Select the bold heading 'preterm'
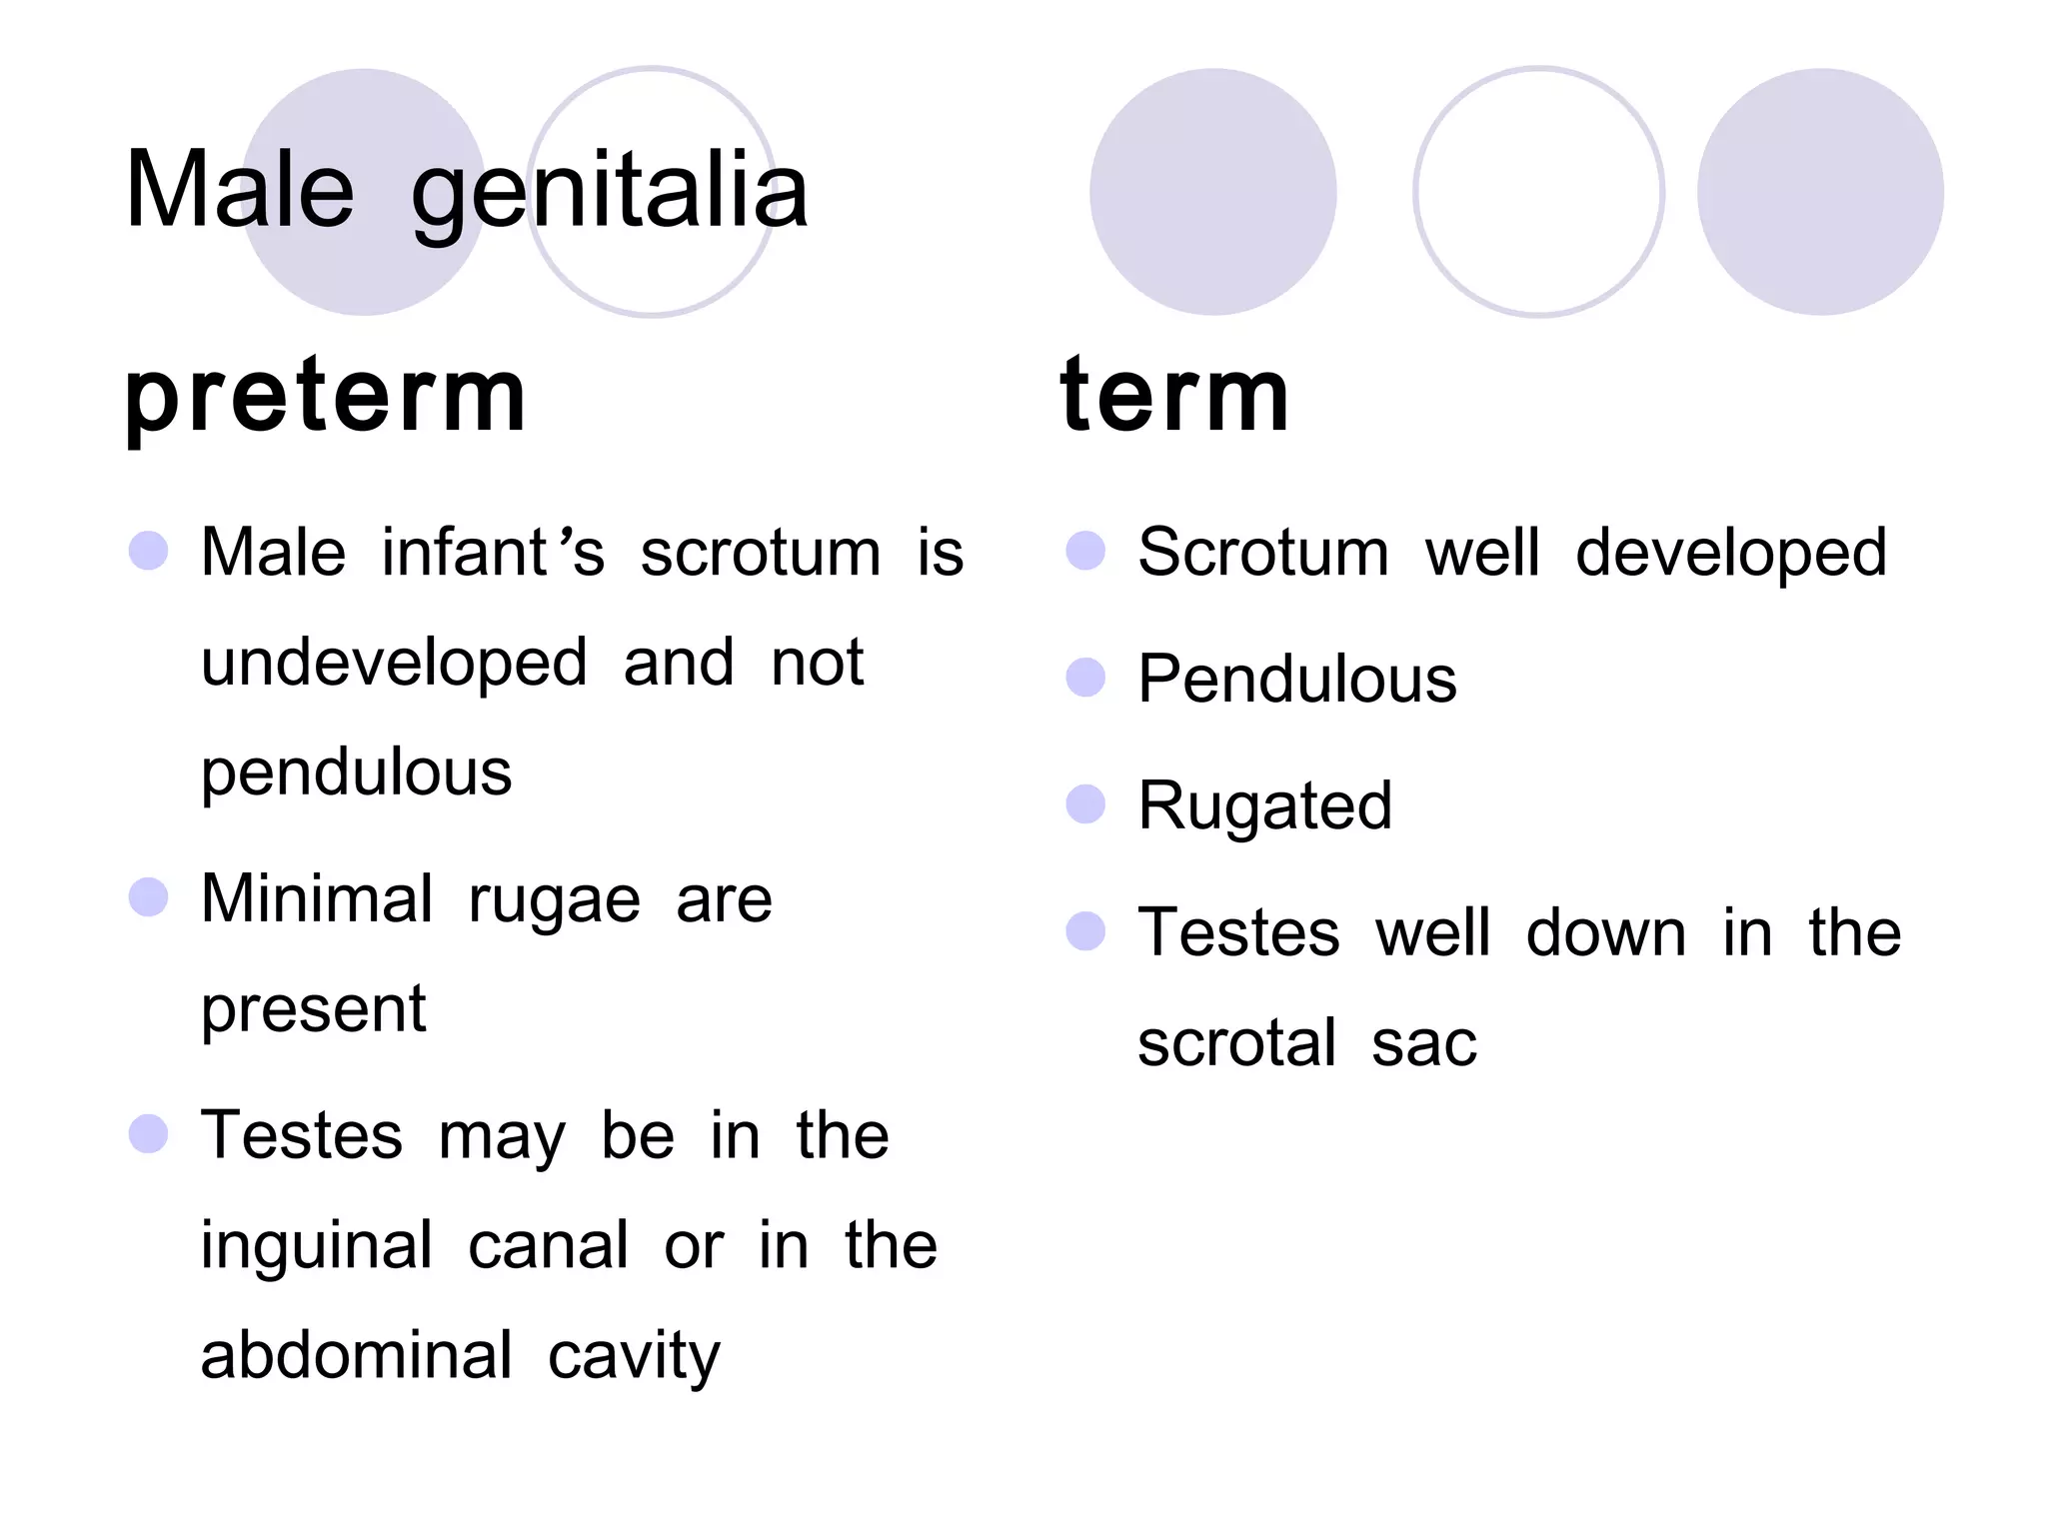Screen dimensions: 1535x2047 point(325,397)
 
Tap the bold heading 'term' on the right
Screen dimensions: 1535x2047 point(1174,397)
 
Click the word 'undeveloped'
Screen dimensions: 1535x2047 point(394,665)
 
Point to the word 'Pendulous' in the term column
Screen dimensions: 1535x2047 point(1296,680)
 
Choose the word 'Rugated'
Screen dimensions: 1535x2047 point(1264,806)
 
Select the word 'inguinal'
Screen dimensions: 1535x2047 point(316,1247)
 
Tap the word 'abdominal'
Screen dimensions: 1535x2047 point(356,1356)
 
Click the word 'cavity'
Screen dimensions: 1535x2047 point(634,1358)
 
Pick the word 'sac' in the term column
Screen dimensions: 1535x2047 point(1423,1044)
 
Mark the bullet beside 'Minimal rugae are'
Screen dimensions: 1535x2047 point(149,896)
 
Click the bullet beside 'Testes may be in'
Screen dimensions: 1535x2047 point(149,1133)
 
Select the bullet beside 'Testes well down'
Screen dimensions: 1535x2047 point(1085,930)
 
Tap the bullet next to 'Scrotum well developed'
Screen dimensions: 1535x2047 point(1085,551)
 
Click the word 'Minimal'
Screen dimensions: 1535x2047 point(316,898)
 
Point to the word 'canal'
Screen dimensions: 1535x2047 point(548,1247)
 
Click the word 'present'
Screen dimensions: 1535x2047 point(313,1010)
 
